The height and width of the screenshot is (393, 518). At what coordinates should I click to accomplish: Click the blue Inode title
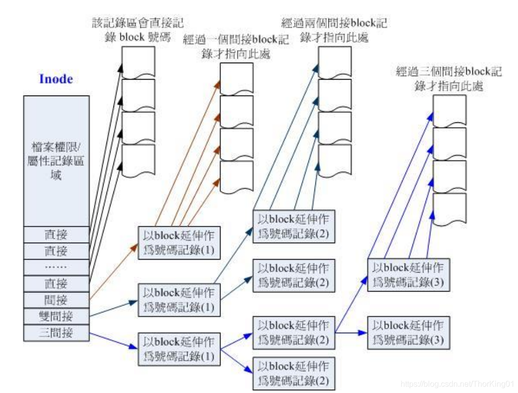(56, 79)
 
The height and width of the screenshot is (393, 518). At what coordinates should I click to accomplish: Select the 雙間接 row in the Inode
(57, 316)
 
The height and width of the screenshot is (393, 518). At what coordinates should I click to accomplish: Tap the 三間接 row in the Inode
(57, 333)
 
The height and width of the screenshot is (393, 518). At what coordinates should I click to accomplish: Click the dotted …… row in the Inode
(57, 267)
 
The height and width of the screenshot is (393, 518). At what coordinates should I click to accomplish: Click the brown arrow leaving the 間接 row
(113, 272)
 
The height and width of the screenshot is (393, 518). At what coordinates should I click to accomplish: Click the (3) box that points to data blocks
(409, 275)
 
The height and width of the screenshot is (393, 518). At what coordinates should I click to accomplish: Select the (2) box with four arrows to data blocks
(294, 225)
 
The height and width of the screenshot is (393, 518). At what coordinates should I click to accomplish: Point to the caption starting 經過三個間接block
(448, 79)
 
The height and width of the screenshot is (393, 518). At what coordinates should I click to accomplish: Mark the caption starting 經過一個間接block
(236, 46)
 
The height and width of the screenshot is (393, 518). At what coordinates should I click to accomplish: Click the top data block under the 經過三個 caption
(449, 110)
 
